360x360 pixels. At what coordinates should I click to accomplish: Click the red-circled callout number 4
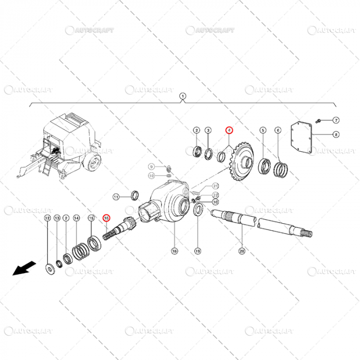coord(229,130)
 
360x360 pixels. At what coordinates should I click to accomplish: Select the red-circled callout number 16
coord(106,218)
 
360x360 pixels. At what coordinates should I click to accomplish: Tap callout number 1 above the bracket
coord(182,96)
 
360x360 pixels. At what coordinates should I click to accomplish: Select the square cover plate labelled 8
coord(302,137)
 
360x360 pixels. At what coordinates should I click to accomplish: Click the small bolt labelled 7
coord(318,120)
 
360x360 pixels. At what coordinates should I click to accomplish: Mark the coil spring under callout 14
coord(80,251)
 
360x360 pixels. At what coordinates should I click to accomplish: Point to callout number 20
coord(242,251)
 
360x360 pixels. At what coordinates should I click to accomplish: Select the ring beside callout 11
coord(136,195)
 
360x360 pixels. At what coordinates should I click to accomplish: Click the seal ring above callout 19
coord(198,210)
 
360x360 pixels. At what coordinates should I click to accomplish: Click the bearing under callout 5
coord(264,166)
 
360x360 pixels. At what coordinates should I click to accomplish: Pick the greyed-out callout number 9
coord(151,167)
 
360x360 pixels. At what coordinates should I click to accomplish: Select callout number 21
coord(215,186)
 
